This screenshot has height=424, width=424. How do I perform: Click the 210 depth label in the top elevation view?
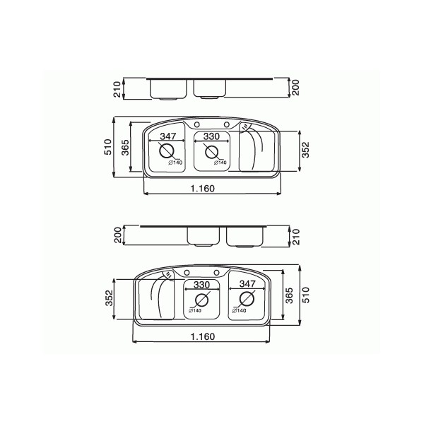tap(117, 89)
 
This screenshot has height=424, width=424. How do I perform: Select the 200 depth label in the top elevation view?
tap(296, 88)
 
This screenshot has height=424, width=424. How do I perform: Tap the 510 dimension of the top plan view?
tap(108, 147)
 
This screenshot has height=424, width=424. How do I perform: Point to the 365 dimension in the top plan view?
tap(125, 148)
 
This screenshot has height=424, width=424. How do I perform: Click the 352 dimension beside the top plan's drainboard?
tap(305, 150)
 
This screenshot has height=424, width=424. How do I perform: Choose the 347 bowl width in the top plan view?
tap(168, 136)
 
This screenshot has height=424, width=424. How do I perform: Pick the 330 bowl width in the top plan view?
tap(211, 136)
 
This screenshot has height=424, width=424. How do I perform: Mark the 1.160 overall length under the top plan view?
tap(203, 188)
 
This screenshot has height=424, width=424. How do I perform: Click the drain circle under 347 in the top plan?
tap(167, 151)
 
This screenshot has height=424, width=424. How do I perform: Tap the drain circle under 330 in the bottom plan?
tap(201, 300)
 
